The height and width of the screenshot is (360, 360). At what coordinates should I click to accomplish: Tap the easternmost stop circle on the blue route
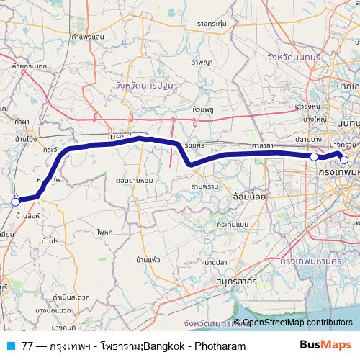[x=344, y=160]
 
